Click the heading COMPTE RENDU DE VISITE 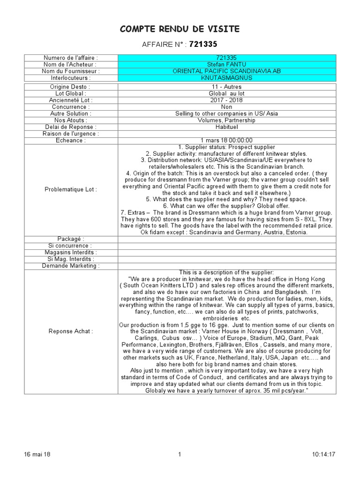(x=180, y=29)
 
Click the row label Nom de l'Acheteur (x=70, y=64)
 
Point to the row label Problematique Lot (x=70, y=189)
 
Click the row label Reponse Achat (x=70, y=331)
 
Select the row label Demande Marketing (x=70, y=266)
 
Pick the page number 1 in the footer (x=180, y=454)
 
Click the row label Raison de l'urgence (x=70, y=134)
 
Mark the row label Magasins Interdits (x=70, y=252)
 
